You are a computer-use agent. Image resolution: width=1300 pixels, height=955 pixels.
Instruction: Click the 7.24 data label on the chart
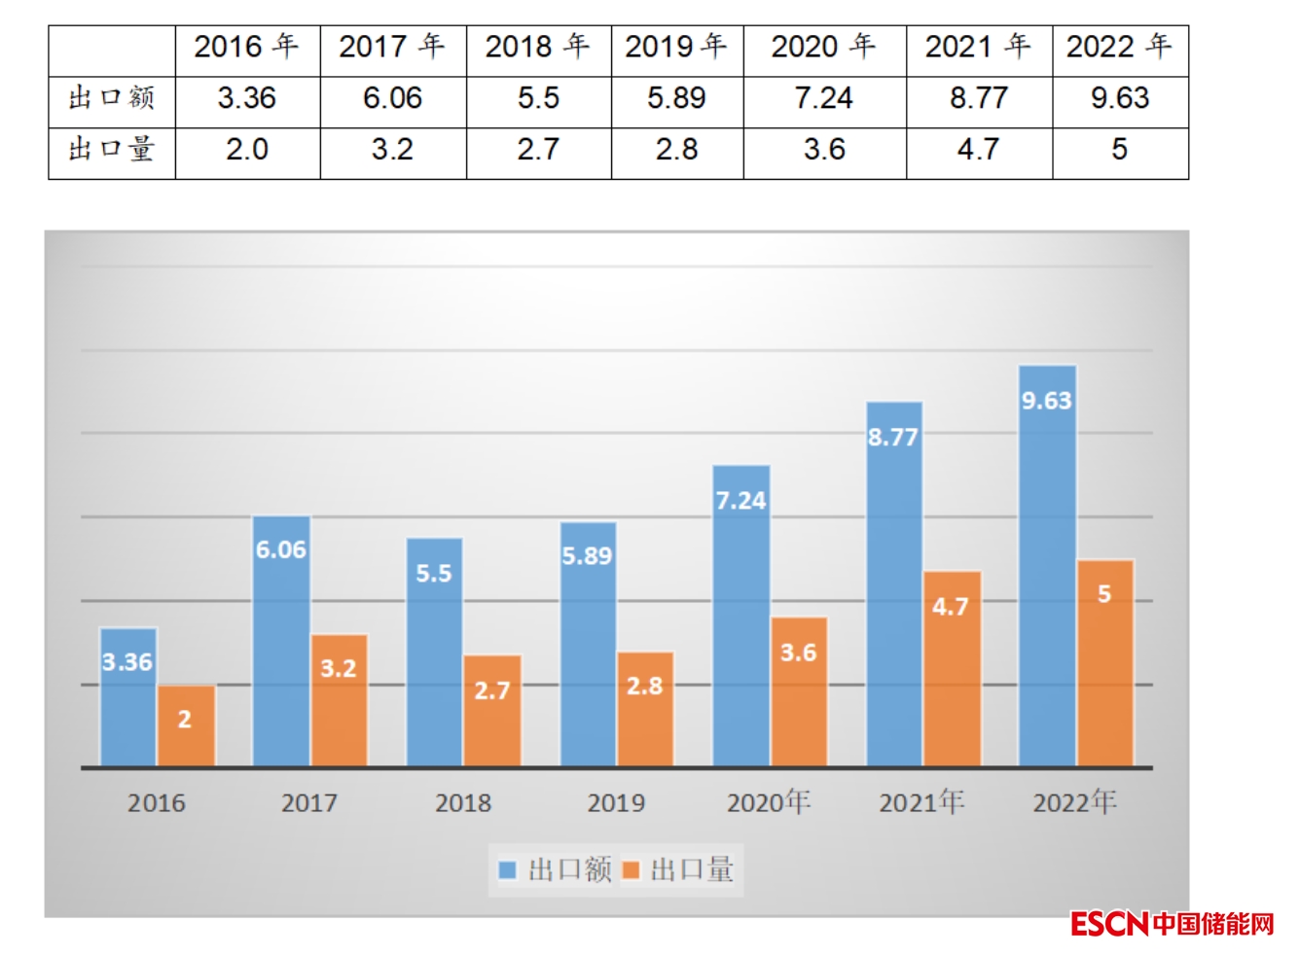pos(740,501)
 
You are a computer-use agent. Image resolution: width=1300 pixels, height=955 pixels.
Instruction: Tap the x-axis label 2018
pos(463,803)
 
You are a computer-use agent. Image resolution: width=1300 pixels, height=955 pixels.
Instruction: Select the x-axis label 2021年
pos(921,802)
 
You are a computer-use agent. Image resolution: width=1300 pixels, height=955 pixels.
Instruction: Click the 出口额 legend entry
pos(556,869)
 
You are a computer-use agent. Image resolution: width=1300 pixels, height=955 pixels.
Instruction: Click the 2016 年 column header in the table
pos(247,47)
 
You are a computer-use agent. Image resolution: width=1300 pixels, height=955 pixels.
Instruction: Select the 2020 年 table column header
pos(823,47)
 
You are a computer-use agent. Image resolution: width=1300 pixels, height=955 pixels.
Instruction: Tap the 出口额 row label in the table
pos(112,98)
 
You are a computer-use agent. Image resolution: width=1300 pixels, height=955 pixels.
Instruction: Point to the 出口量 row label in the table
pos(112,150)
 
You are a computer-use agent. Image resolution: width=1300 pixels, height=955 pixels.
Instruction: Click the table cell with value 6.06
pos(392,98)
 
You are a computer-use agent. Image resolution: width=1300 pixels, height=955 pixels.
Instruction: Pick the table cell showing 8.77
pos(979,98)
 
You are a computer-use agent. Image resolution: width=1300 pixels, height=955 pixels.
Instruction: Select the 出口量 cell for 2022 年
pos(1120,150)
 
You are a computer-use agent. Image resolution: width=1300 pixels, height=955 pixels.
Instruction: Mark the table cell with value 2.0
pos(247,150)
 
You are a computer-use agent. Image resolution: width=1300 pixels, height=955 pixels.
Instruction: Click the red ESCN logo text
pos(1109,924)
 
